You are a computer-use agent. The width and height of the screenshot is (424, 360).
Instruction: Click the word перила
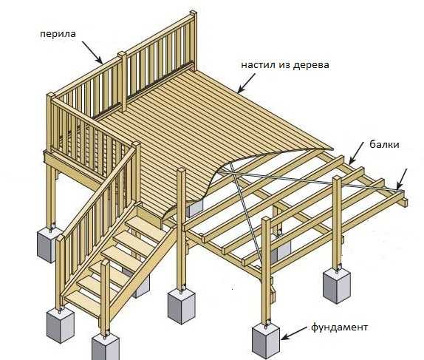[x=58, y=34]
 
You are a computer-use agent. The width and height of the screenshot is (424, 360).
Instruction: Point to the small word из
[x=282, y=65]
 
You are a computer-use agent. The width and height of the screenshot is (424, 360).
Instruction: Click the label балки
[x=384, y=144]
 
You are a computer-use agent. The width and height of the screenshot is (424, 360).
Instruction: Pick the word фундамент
[x=339, y=327]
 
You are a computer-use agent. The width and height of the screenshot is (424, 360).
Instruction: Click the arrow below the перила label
[x=92, y=52]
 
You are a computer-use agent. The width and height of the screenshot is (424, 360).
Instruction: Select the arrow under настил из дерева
[x=246, y=83]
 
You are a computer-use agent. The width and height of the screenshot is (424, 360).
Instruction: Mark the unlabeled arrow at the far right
[x=402, y=179]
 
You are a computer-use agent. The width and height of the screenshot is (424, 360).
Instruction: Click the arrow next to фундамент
[x=294, y=333]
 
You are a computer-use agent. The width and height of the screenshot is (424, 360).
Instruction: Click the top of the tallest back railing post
[x=194, y=13]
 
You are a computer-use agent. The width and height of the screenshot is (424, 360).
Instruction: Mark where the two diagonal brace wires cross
[x=233, y=172]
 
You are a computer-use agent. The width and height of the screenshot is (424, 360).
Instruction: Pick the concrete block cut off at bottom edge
[x=106, y=347]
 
